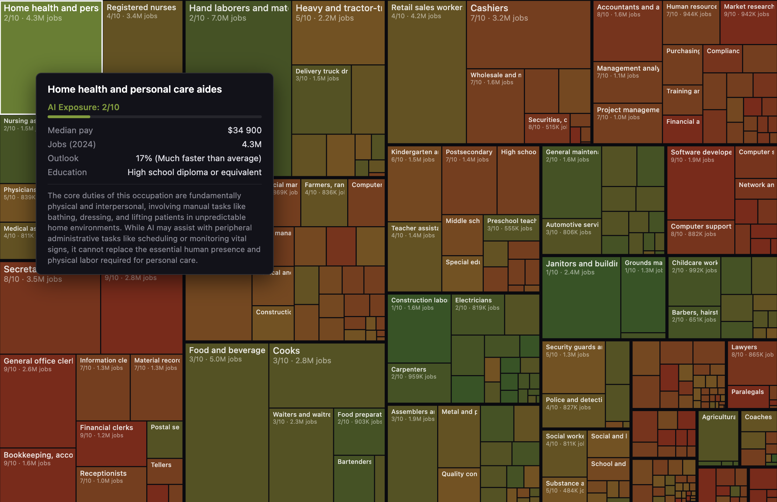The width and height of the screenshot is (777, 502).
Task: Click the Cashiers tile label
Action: tap(489, 8)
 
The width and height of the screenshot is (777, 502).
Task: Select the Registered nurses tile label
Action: tap(141, 7)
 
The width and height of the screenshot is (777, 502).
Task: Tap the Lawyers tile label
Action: tap(744, 347)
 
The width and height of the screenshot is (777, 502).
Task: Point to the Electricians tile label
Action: tap(473, 300)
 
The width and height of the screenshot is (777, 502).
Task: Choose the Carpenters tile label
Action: tap(408, 369)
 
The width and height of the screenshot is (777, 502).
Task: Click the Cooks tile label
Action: tap(286, 350)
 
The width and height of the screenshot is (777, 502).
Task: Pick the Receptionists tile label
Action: tap(103, 473)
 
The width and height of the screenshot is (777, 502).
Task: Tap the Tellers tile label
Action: tap(161, 465)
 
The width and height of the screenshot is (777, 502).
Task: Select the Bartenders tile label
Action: tap(354, 461)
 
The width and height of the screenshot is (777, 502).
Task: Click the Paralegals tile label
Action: tap(747, 392)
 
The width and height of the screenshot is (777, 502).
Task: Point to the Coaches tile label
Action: tap(758, 417)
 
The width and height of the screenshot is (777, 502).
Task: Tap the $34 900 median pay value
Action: tap(244, 130)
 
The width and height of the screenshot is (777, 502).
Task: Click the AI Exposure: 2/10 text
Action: tap(83, 107)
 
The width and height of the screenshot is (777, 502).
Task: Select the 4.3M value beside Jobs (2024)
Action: tap(251, 144)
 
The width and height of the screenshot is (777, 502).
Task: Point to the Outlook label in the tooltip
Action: tap(63, 158)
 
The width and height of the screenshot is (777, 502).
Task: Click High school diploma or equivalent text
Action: tap(194, 172)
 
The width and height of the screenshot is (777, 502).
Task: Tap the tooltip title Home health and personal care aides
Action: tap(134, 89)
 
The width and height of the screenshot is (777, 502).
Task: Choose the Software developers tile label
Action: tap(701, 152)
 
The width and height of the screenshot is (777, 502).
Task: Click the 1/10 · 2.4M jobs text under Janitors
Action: tap(570, 272)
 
